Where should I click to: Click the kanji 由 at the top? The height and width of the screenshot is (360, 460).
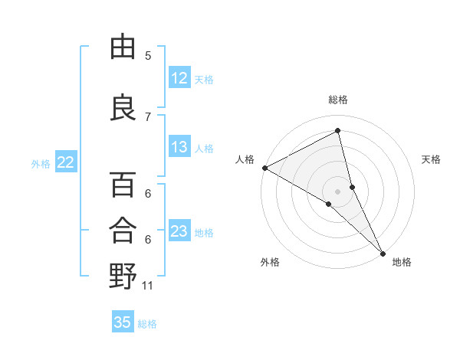point(123,47)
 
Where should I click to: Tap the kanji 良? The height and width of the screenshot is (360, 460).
point(123,108)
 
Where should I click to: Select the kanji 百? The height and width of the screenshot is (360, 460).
point(123,185)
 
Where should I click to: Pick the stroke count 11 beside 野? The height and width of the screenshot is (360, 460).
point(148,286)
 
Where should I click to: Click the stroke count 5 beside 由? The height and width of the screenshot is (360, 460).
point(148,56)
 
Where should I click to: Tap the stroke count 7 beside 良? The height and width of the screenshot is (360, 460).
point(148,116)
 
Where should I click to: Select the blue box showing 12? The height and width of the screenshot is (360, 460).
point(179,78)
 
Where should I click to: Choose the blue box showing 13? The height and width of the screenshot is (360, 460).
point(179,147)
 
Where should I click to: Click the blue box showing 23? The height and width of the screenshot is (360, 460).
point(179,231)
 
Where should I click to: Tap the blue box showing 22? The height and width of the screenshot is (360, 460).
point(66,162)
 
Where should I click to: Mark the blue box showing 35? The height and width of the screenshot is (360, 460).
point(123,322)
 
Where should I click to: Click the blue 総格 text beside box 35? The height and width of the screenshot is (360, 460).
point(147,324)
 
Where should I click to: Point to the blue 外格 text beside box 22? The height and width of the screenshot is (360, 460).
point(41,163)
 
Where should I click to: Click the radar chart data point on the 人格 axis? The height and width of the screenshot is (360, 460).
point(264,168)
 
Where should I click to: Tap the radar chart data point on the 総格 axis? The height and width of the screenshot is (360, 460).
point(337,131)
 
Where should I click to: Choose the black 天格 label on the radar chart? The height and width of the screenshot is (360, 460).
point(432,159)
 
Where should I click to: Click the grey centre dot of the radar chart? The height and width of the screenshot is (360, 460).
point(337,191)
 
